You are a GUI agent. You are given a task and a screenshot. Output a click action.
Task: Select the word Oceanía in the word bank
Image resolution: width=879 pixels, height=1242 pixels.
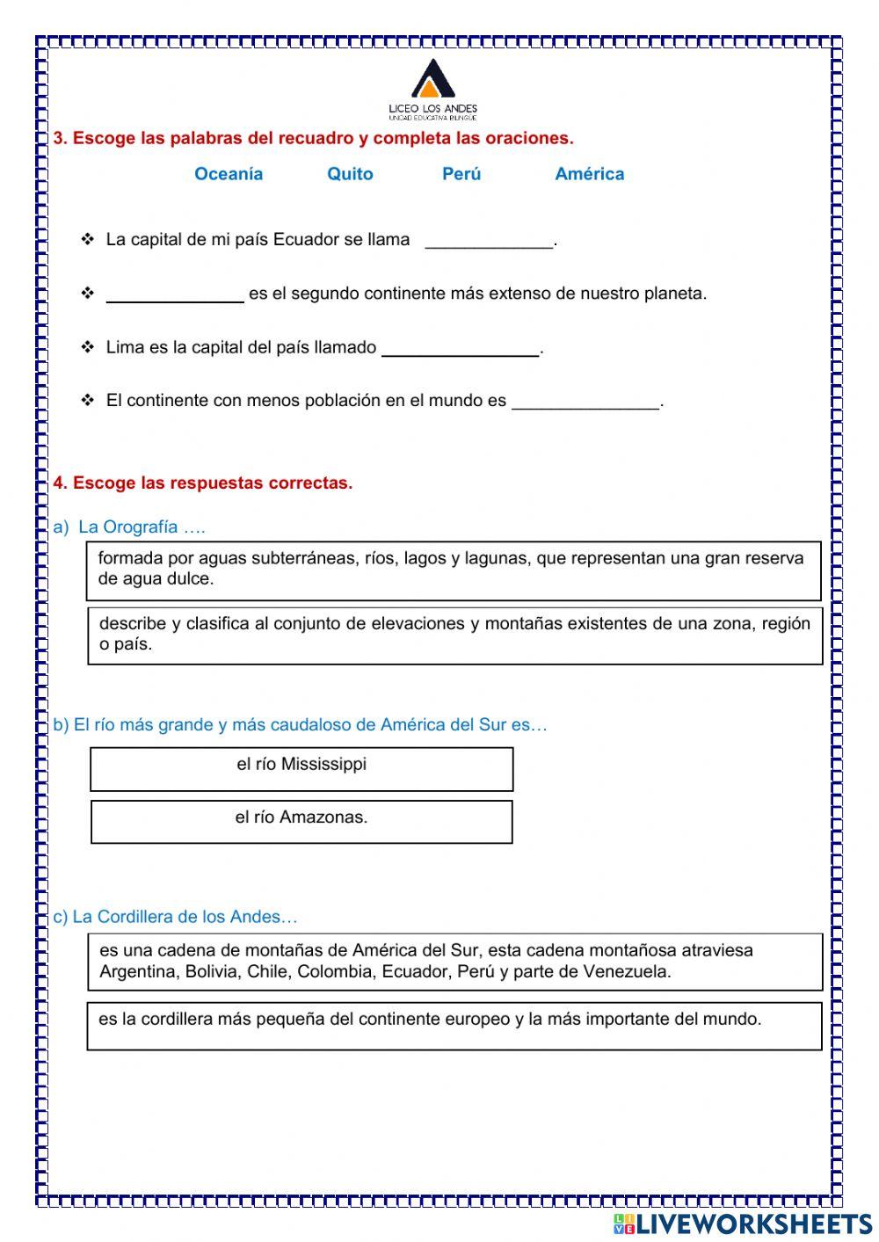tap(229, 174)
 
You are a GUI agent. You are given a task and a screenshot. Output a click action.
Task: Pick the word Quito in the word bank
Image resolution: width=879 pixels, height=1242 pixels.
tap(350, 174)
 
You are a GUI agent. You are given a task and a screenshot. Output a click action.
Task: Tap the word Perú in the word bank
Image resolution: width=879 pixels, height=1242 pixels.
tap(461, 174)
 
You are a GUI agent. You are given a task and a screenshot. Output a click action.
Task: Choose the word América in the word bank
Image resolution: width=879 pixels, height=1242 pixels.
tap(589, 174)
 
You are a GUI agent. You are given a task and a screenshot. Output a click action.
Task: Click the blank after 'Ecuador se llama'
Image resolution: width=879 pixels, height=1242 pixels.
tap(490, 241)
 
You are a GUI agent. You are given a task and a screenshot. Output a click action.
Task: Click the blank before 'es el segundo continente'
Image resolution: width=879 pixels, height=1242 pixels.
tap(175, 294)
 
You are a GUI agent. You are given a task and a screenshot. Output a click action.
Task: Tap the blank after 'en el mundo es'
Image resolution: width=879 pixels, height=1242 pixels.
tap(585, 402)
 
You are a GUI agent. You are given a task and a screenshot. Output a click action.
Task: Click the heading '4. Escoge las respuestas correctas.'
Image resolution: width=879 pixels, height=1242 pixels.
tap(203, 483)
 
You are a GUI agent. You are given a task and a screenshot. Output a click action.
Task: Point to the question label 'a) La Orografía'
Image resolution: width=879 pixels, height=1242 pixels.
tap(129, 527)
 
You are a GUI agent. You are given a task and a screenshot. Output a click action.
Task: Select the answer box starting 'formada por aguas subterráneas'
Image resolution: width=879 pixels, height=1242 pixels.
tap(454, 570)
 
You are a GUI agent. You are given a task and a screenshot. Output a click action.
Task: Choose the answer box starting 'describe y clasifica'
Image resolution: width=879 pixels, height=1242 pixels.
tap(454, 635)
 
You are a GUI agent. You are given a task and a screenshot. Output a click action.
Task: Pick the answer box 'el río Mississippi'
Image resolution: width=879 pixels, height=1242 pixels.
tap(301, 769)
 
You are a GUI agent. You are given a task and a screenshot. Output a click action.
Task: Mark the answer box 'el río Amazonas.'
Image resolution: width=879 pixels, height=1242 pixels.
tap(301, 822)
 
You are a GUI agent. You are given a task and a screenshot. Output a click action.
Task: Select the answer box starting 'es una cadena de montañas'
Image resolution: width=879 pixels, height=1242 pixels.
tap(454, 962)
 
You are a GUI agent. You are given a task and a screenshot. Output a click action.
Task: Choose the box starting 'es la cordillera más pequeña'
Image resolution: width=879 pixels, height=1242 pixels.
tap(454, 1026)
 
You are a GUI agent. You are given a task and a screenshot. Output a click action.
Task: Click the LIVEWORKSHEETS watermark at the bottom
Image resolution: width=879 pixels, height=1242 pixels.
tap(743, 1224)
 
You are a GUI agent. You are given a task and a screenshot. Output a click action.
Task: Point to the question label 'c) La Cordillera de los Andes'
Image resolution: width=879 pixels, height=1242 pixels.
tap(176, 917)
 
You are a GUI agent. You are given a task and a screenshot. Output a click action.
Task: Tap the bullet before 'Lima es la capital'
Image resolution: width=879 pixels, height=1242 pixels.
tap(88, 347)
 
